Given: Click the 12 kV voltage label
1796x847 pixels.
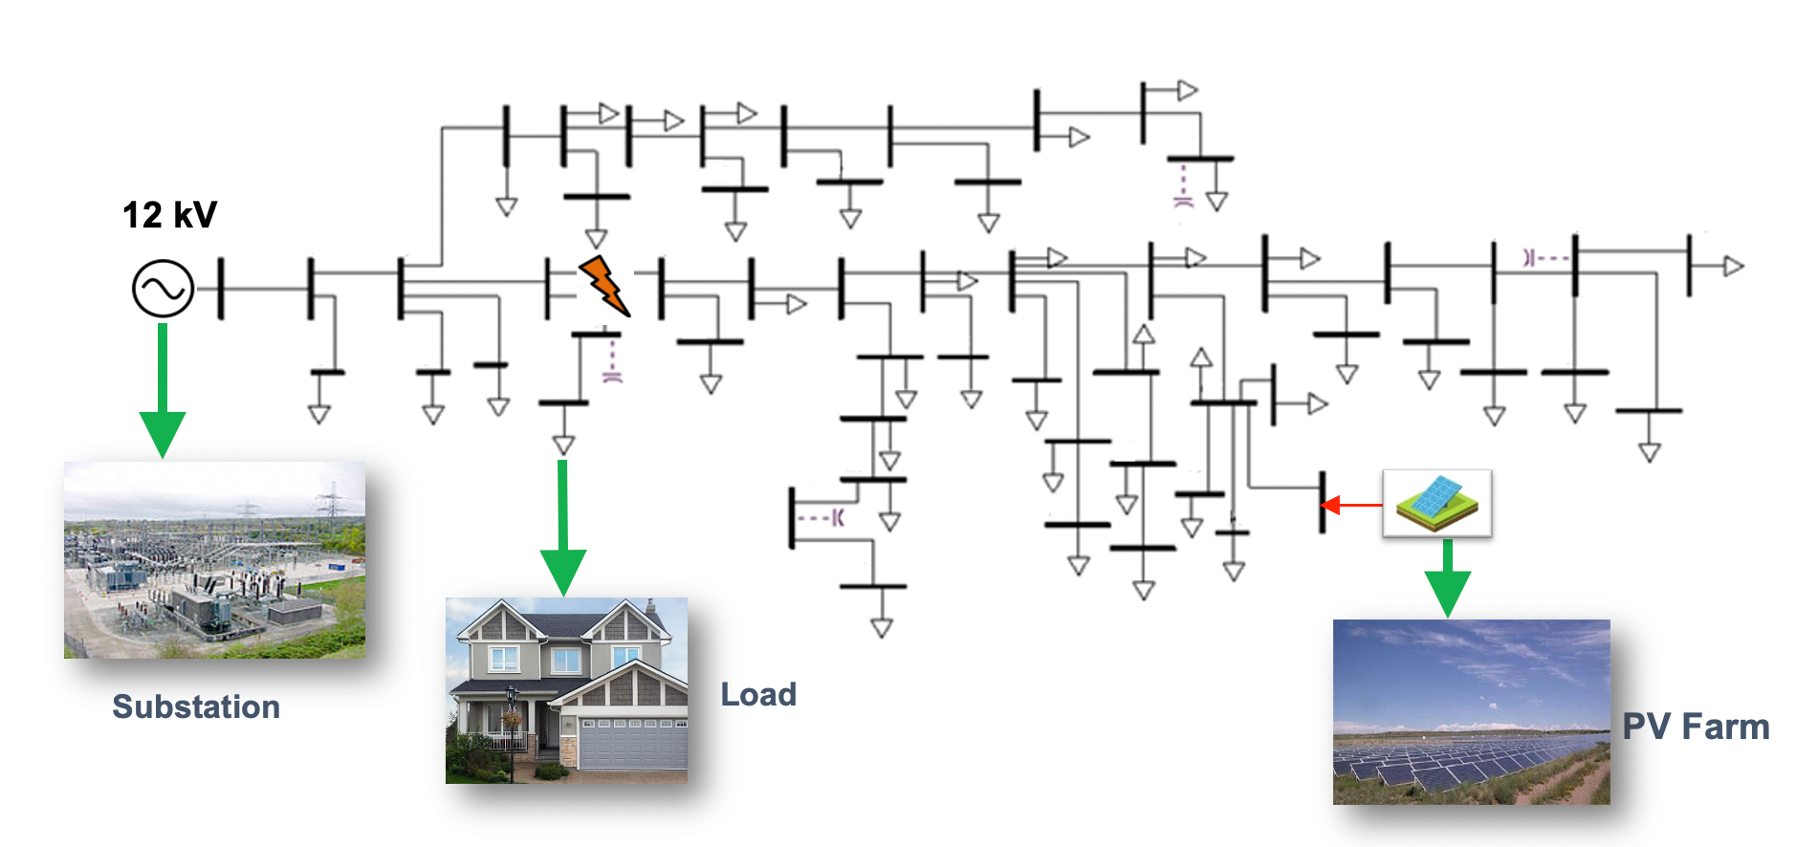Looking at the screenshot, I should [169, 215].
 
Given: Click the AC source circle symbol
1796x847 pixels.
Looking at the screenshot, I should [163, 288].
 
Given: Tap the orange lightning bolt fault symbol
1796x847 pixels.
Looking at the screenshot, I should [603, 284].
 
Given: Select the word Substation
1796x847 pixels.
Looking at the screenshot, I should [196, 707].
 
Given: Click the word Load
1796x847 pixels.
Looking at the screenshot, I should [757, 695].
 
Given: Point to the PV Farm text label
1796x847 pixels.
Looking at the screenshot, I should [1696, 728].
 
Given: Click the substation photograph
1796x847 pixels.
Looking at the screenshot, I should [214, 560].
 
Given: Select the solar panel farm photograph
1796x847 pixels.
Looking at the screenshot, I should [1471, 712].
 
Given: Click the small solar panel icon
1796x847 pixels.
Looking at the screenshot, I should [1436, 502].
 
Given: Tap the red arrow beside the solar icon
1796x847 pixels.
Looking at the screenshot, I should [1350, 504].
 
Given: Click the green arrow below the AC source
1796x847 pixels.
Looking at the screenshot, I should [163, 392].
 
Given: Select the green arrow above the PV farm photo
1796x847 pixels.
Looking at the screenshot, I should [1447, 579].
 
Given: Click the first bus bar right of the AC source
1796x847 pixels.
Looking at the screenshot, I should [221, 288].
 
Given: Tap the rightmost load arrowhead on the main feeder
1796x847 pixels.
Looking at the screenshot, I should [1733, 267].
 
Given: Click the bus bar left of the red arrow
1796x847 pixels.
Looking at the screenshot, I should [1323, 503].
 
